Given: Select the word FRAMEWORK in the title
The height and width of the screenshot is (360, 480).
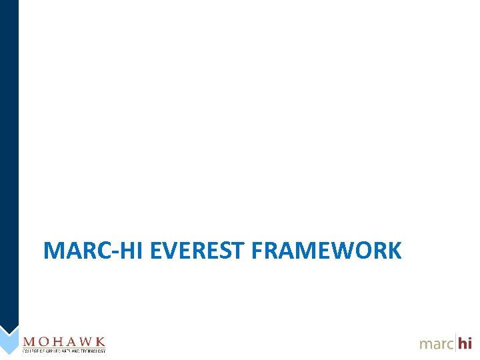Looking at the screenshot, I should coord(327,251).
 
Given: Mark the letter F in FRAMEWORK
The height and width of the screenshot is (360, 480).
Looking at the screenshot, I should coord(259,251).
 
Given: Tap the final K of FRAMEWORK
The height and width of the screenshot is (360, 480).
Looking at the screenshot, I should coord(394,251).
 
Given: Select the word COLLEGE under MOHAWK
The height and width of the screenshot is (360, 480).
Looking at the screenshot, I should coord(31,351).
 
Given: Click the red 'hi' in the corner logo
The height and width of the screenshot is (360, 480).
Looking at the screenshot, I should coord(465,343).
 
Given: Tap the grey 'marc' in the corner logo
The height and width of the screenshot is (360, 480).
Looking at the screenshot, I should coord(436,344).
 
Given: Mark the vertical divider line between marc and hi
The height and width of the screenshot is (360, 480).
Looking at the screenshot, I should coord(455,342).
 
